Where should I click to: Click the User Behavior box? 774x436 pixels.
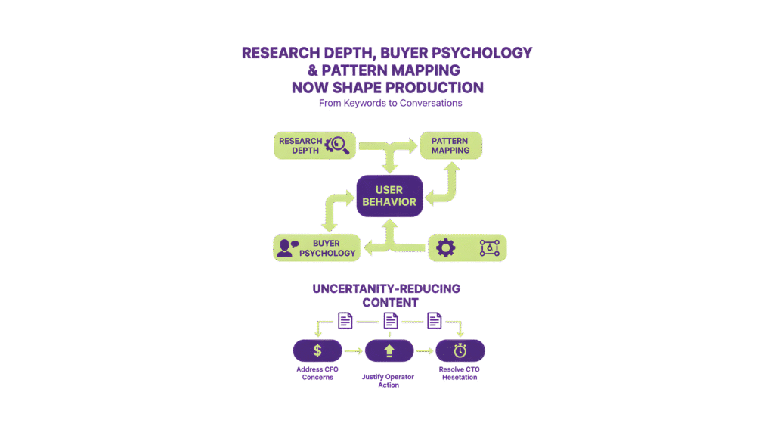tap(389, 196)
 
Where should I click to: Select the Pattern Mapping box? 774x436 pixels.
tap(450, 145)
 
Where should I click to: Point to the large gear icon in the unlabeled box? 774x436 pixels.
tap(446, 248)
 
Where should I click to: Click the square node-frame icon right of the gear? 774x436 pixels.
tap(490, 248)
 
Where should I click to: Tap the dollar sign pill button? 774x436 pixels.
tap(317, 350)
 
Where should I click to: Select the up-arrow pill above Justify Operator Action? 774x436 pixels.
tap(389, 350)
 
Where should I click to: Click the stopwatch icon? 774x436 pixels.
tap(460, 350)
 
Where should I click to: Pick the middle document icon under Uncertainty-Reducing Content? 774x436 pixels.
tap(390, 320)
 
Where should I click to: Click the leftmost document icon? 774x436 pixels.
tap(345, 320)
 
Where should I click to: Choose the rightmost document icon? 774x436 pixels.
tap(434, 320)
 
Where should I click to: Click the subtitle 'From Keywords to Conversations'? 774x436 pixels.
tap(390, 103)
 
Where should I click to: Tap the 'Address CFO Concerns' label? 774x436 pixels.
tap(317, 372)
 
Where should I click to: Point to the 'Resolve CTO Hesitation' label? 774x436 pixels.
tap(460, 372)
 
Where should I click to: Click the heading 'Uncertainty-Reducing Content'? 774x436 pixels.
tap(387, 295)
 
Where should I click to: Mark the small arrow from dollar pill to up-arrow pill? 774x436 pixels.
tap(353, 350)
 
